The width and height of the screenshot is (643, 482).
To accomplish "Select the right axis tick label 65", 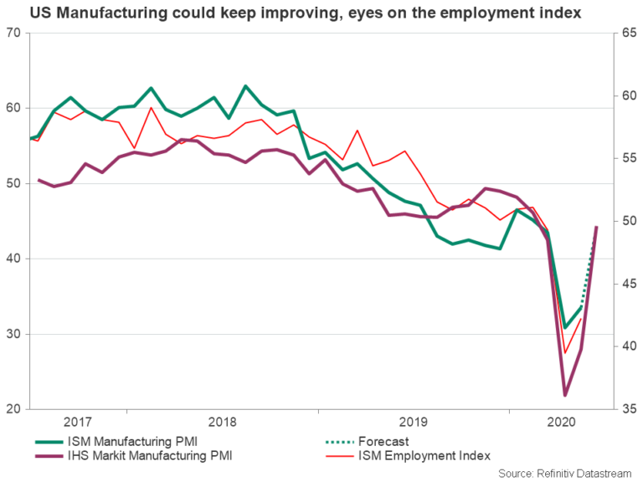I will [629, 33].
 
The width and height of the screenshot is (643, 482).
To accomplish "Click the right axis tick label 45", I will [629, 284].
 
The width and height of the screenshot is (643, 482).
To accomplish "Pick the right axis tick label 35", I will [629, 409].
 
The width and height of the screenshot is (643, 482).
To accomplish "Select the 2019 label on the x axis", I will [414, 422].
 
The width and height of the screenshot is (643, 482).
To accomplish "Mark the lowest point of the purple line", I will [565, 395].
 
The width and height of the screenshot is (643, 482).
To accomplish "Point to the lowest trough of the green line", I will [565, 327].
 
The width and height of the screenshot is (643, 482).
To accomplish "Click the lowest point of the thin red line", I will [565, 353].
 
